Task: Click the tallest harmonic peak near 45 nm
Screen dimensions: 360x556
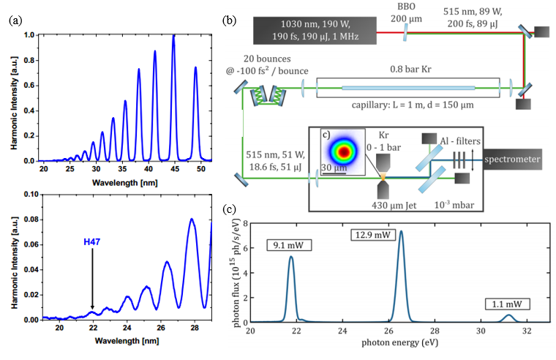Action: [173, 38]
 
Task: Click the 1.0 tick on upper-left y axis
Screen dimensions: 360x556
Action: [29, 35]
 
